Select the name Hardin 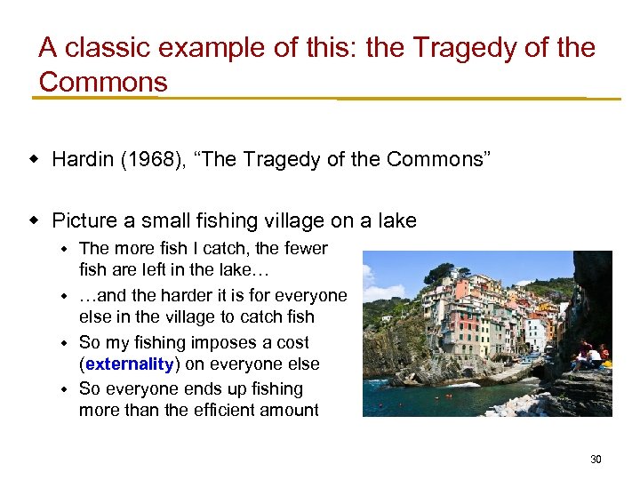pos(81,160)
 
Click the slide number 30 pos(596,460)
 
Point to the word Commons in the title pos(103,83)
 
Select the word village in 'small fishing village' pos(301,220)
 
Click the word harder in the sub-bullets pos(173,295)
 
